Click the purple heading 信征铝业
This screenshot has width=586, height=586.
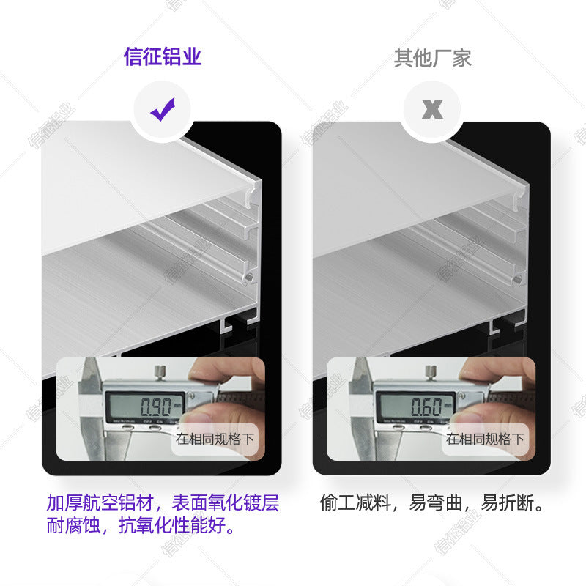162,57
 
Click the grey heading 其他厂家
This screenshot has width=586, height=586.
432,58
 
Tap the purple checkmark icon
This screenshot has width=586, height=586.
162,111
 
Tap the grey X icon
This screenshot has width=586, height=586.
432,111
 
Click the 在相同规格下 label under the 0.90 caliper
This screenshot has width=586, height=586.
215,439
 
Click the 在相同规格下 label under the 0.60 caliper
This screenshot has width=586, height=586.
486,439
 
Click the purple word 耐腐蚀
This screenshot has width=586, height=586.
72,527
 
